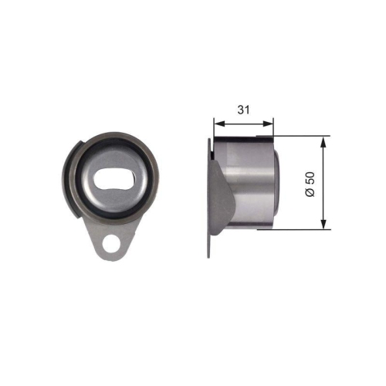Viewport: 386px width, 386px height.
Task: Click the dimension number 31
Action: click(244, 110)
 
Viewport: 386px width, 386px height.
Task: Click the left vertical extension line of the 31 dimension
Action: click(214, 127)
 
